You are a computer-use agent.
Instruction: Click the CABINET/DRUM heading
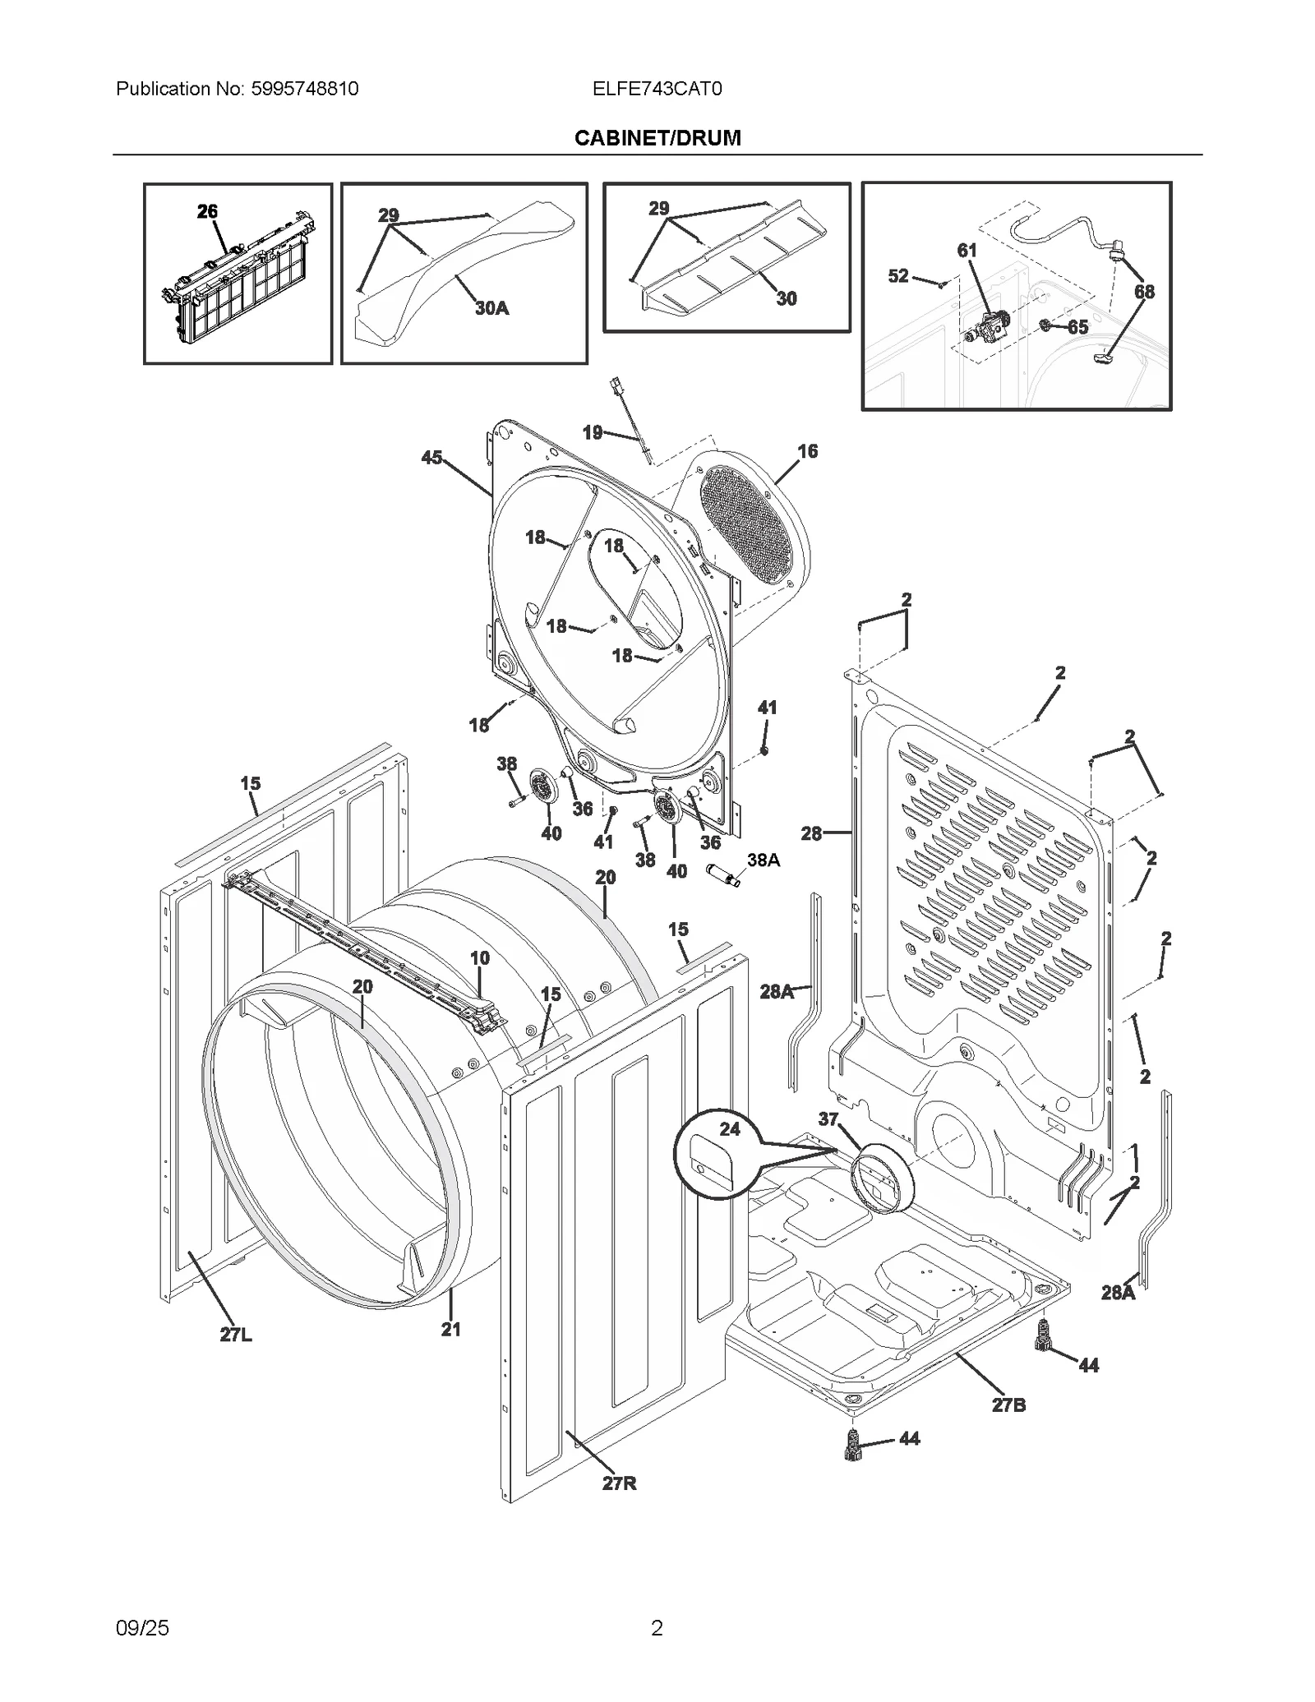pyautogui.click(x=657, y=138)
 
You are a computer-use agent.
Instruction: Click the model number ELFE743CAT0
pyautogui.click(x=657, y=89)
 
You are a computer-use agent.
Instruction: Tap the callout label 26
pyautogui.click(x=207, y=211)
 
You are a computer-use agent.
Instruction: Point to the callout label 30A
pyautogui.click(x=491, y=308)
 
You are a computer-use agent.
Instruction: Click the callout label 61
pyautogui.click(x=967, y=251)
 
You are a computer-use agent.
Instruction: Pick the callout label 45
pyautogui.click(x=431, y=458)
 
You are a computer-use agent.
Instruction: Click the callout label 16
pyautogui.click(x=807, y=451)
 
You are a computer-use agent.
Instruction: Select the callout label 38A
pyautogui.click(x=763, y=860)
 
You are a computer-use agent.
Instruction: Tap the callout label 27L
pyautogui.click(x=236, y=1335)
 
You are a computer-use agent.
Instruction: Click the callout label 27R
pyautogui.click(x=619, y=1483)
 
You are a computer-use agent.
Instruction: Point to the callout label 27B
pyautogui.click(x=1008, y=1404)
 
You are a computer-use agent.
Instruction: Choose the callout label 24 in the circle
pyautogui.click(x=730, y=1129)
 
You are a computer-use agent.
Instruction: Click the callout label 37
pyautogui.click(x=828, y=1119)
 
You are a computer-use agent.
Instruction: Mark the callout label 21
pyautogui.click(x=450, y=1329)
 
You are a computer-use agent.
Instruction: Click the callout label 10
pyautogui.click(x=480, y=957)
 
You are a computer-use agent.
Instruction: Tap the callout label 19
pyautogui.click(x=593, y=432)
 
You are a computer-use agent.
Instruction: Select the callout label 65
pyautogui.click(x=1077, y=327)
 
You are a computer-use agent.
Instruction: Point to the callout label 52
pyautogui.click(x=898, y=276)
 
